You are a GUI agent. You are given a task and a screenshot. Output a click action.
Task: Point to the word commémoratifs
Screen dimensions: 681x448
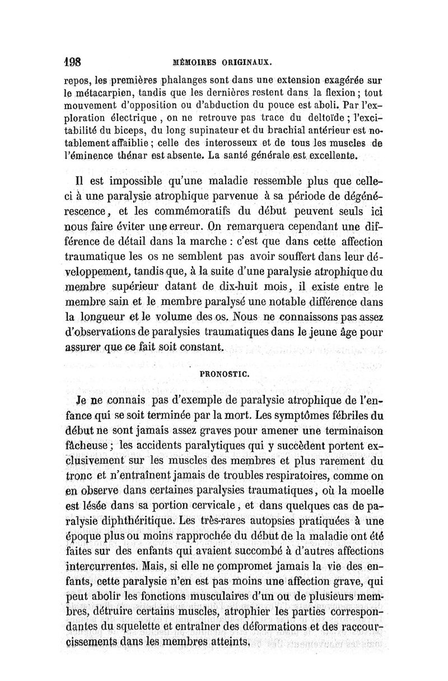[192, 214]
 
